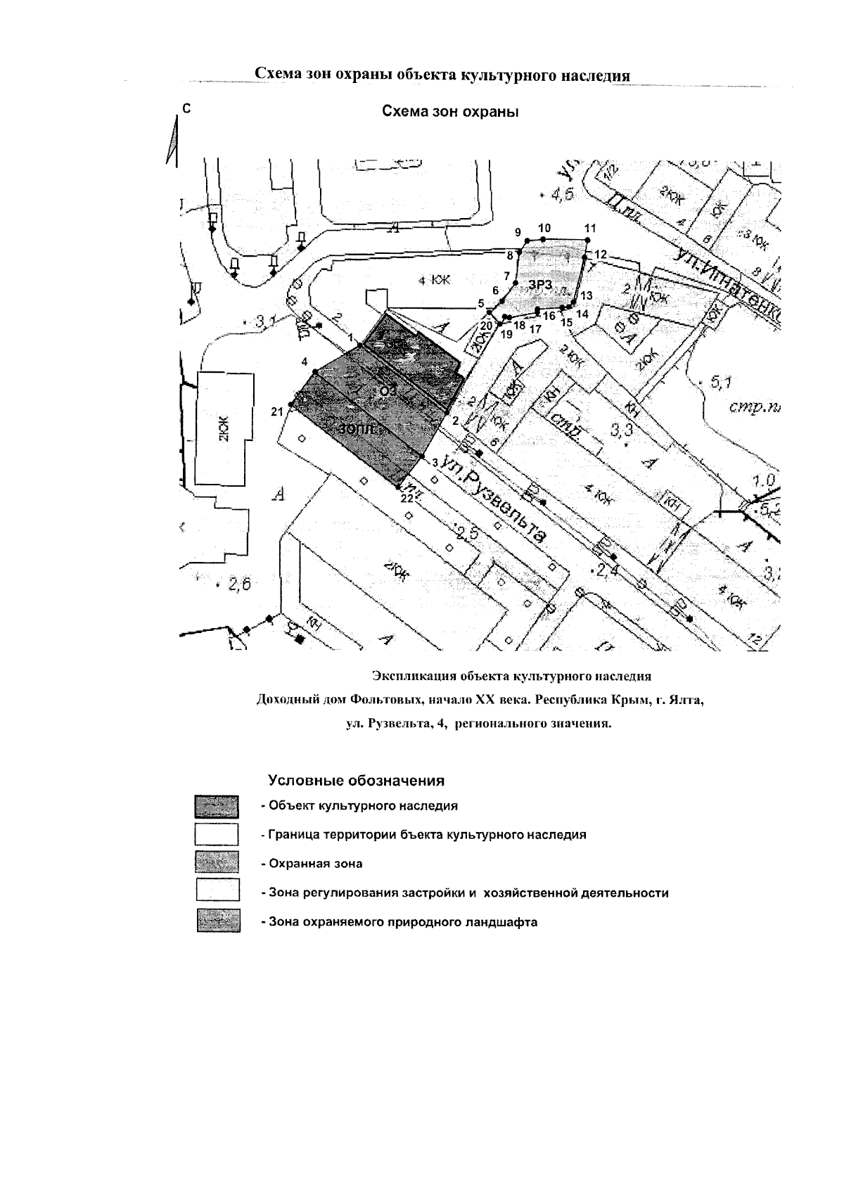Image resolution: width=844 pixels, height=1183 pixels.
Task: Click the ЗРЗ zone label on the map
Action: pyautogui.click(x=541, y=283)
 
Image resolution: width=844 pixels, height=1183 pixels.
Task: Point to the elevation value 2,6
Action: pyautogui.click(x=237, y=582)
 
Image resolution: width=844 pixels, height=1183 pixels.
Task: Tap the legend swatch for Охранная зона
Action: pyautogui.click(x=218, y=862)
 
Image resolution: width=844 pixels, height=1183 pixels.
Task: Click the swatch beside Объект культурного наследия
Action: pyautogui.click(x=218, y=806)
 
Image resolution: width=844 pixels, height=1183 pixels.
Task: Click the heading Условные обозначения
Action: pyautogui.click(x=356, y=781)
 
